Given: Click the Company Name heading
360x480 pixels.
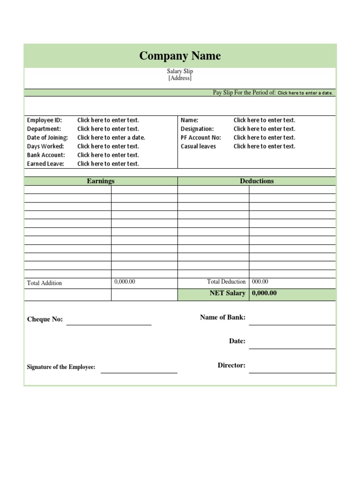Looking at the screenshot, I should click(180, 56).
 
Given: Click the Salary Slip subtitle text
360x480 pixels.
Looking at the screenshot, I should click(180, 71).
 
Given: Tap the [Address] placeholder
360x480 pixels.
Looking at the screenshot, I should click(180, 78).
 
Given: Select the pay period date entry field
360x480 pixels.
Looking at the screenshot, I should click(305, 93).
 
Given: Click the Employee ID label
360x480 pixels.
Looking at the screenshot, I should click(45, 120).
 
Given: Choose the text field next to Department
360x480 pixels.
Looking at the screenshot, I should click(108, 129).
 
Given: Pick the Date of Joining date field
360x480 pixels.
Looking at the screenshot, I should click(111, 137).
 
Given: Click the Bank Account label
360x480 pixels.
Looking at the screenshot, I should click(46, 155).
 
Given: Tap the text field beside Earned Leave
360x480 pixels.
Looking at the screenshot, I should click(108, 164).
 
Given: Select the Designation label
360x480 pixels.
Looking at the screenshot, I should click(197, 129).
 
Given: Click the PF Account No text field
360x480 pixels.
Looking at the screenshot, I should click(264, 137).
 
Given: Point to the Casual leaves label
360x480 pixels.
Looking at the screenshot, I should click(199, 146).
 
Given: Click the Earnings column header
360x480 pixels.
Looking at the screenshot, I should click(101, 181).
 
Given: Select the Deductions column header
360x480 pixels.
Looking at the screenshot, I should click(257, 181).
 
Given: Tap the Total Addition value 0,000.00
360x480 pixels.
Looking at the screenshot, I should click(125, 282).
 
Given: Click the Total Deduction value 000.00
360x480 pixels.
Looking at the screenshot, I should click(260, 282).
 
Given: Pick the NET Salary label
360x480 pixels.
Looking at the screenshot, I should click(227, 293).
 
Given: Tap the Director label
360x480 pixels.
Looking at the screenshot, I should click(232, 365).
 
